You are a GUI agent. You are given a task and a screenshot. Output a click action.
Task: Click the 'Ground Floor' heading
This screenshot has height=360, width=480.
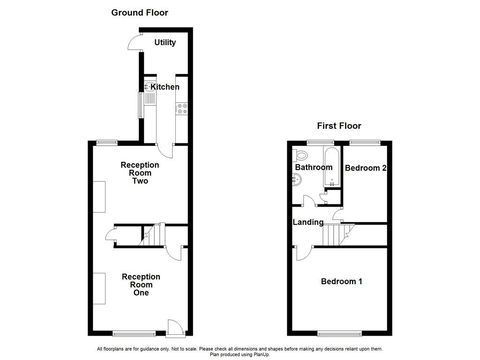coord(139,13)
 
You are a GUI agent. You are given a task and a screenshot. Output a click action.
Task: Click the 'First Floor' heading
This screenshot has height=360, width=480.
coord(339,126)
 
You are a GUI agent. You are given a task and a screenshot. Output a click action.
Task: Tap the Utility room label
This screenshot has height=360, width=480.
coord(165,43)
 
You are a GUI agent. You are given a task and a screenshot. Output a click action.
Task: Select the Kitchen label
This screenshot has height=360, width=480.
coord(165,87)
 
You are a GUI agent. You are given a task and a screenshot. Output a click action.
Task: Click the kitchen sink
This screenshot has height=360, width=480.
coord(150,87)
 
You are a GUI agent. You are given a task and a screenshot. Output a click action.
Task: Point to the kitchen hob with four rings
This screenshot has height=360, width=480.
coord(182,109)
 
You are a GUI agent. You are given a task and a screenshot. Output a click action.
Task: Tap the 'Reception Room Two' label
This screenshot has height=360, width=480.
coord(140,173)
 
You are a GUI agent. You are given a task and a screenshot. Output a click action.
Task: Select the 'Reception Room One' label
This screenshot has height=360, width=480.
coord(141,285)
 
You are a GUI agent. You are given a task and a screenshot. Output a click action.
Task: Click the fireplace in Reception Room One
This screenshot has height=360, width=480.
coord(99,288)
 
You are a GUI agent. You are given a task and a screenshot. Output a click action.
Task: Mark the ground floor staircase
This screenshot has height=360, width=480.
coord(153,234)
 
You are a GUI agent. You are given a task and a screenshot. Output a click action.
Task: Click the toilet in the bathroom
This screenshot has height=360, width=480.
coord(301,155)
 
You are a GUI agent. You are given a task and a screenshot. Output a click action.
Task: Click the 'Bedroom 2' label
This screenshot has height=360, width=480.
coord(365,168)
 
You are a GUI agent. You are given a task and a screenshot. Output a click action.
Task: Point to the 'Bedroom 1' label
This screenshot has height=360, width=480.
coord(341,281)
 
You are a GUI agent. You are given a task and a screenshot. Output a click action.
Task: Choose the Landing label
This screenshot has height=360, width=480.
coord(308,222)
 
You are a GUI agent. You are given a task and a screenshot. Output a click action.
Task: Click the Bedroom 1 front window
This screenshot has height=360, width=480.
coord(340,333)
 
